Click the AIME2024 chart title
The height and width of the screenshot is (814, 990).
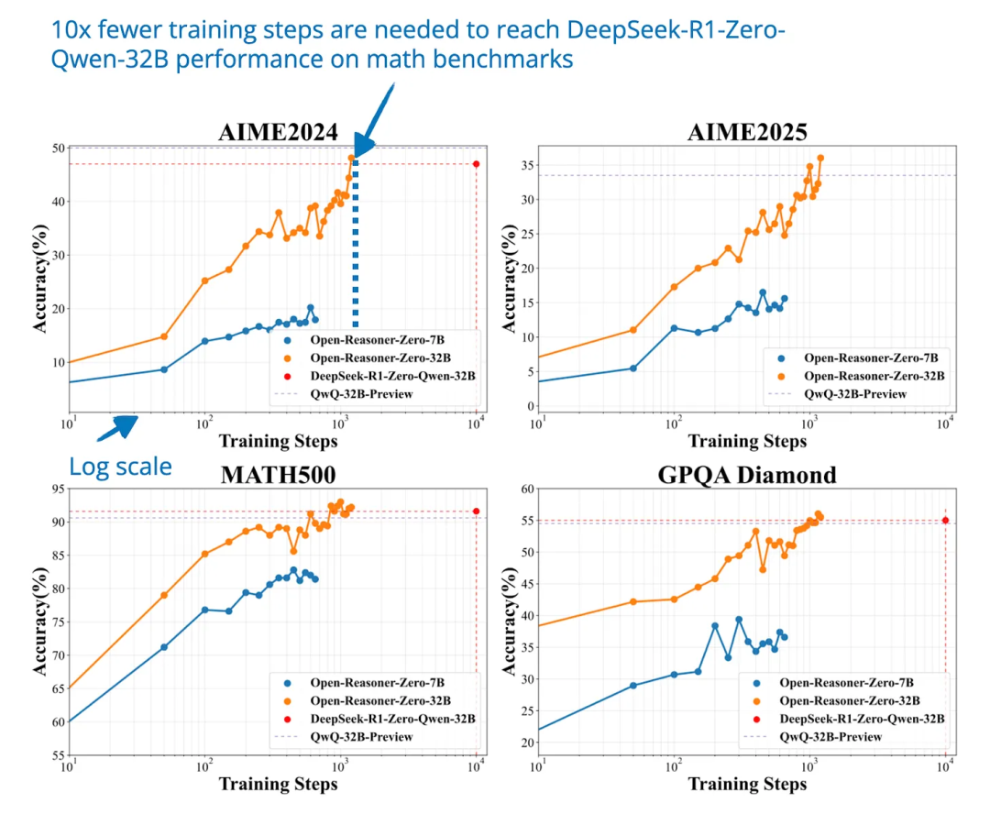[x=278, y=131]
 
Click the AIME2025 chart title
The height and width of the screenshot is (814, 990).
[x=747, y=132]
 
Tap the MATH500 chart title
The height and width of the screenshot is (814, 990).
[x=278, y=475]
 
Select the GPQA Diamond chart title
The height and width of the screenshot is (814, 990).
[x=747, y=475]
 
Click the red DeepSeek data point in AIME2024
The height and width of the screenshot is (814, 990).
[x=476, y=164]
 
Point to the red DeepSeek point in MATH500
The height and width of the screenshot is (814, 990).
[x=476, y=511]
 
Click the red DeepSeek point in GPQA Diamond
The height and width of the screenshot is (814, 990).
[x=945, y=520]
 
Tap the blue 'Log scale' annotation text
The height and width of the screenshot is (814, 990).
[x=120, y=467]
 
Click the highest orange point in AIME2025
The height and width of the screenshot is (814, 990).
[x=820, y=158]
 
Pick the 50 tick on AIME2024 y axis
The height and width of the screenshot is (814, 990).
[x=57, y=148]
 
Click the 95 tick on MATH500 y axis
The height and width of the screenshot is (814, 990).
[x=57, y=489]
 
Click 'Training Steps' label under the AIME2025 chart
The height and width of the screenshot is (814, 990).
[x=747, y=441]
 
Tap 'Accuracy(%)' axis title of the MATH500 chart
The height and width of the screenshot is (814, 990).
[x=40, y=622]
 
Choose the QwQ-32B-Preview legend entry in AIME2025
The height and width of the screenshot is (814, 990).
[x=854, y=394]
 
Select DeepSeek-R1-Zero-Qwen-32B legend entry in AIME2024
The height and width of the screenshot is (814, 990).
[x=393, y=376]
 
